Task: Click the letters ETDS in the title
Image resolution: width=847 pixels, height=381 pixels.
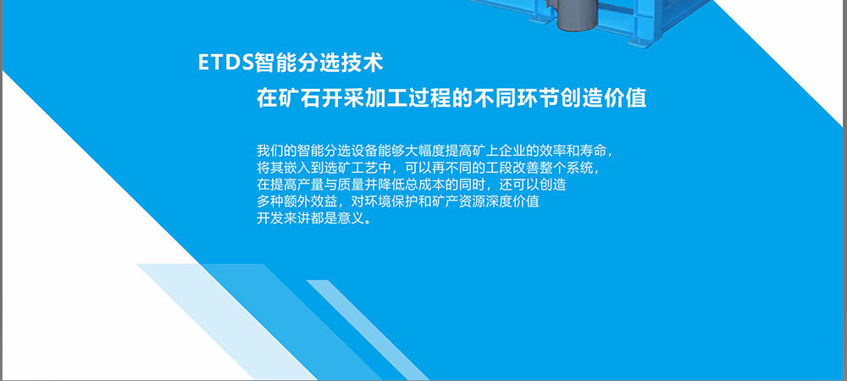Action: pos(226,63)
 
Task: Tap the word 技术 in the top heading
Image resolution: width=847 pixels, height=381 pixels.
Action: pos(362,63)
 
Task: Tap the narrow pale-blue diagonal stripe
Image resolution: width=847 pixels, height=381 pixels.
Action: pos(368,330)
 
